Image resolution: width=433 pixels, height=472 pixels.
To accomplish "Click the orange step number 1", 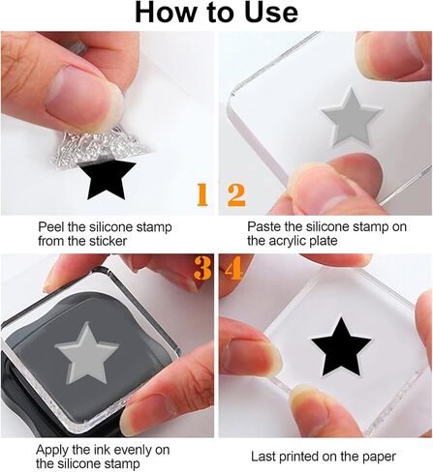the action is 202,194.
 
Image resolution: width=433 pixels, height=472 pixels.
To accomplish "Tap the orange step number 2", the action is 236,194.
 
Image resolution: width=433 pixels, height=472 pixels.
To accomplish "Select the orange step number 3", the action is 202,268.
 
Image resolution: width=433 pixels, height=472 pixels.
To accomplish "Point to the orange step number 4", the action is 233,268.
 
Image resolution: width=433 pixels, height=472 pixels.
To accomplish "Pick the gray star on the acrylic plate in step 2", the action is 352,119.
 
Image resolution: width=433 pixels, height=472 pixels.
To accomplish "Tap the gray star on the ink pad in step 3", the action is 87,354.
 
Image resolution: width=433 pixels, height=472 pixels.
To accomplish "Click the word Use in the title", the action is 271,13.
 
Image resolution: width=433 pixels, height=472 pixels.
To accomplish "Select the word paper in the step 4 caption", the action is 380,457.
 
